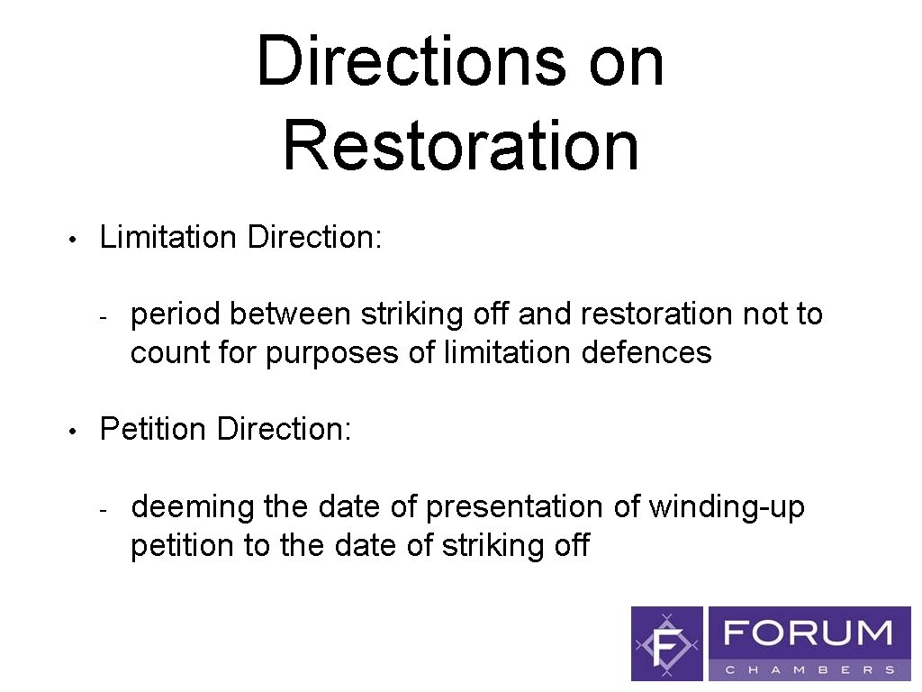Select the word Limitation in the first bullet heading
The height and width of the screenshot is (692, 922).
tap(168, 238)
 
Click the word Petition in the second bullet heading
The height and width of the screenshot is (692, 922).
tap(153, 430)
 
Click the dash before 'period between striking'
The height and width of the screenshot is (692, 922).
tap(104, 317)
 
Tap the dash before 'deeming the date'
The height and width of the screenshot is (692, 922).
tap(104, 510)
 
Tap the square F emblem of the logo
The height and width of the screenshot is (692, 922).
tap(667, 643)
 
